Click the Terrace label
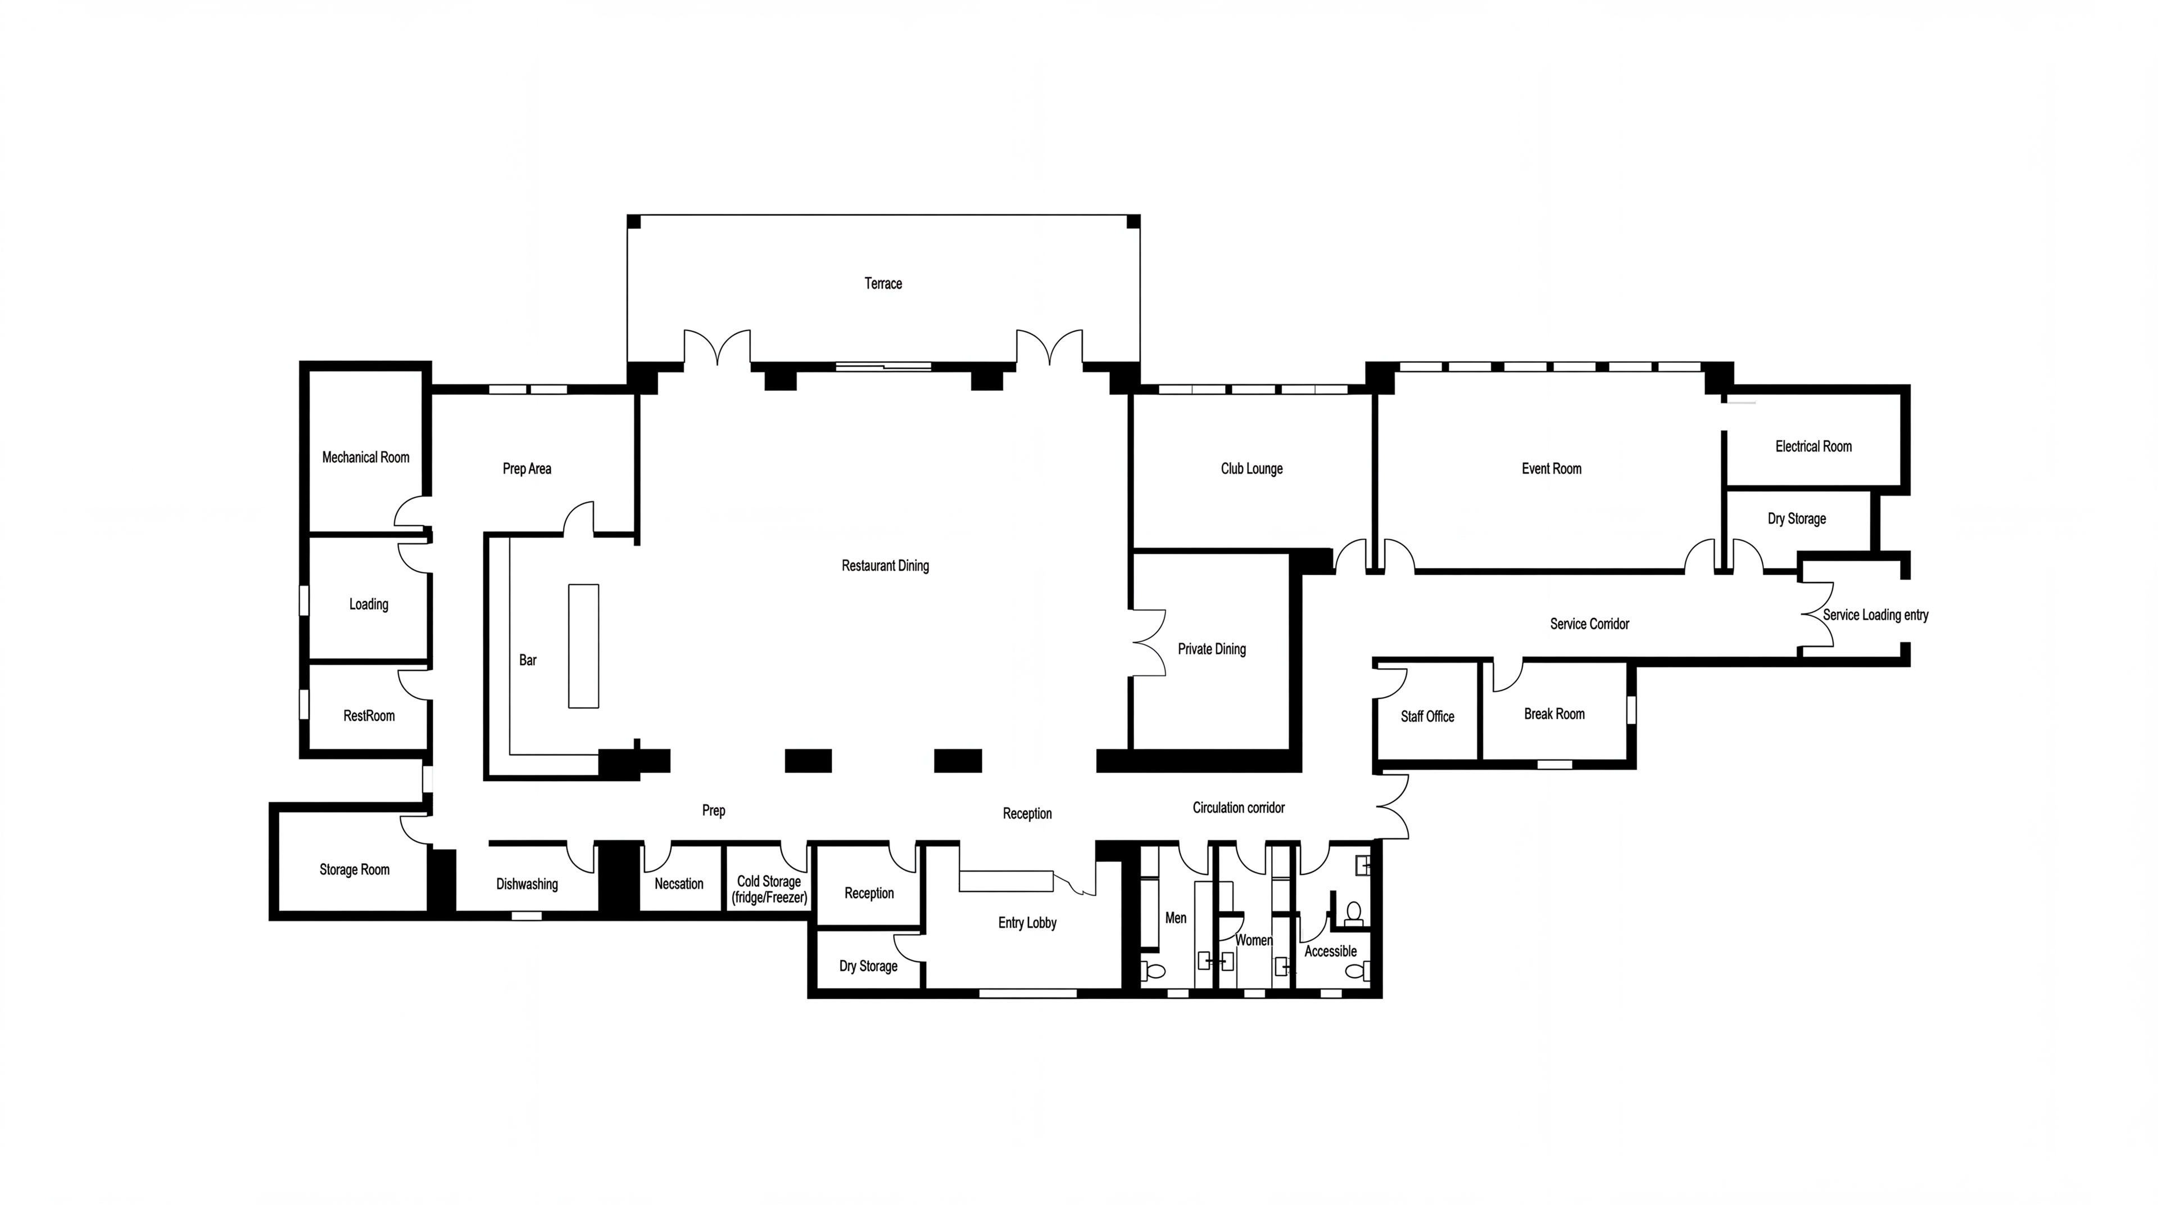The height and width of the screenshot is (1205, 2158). click(x=883, y=283)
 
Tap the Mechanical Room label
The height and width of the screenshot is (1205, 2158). click(x=365, y=458)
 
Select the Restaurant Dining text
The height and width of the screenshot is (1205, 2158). click(x=886, y=566)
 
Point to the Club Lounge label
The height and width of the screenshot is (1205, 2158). click(x=1252, y=468)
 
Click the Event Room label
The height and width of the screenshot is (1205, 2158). click(x=1552, y=468)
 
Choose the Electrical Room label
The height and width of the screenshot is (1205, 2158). click(x=1814, y=446)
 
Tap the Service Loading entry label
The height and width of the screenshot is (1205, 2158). click(x=1876, y=615)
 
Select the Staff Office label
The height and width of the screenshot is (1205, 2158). click(x=1427, y=716)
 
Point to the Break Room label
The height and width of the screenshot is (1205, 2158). click(x=1554, y=714)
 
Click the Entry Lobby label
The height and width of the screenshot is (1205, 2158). click(x=1027, y=923)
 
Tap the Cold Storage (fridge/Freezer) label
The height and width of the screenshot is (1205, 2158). click(x=769, y=889)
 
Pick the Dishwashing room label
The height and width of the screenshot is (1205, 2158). click(x=527, y=884)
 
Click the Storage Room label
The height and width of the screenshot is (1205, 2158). click(x=355, y=870)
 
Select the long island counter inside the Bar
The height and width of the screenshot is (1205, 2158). click(x=584, y=646)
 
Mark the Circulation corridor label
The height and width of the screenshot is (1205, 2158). click(x=1238, y=808)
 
